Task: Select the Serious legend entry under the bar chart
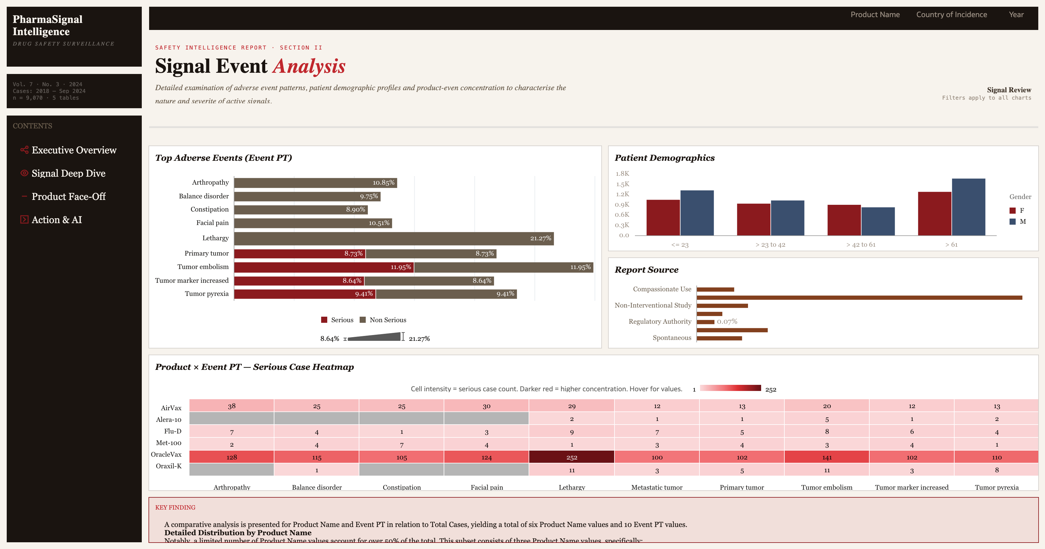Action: (337, 320)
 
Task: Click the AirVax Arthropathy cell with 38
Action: (232, 406)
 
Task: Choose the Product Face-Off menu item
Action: (68, 196)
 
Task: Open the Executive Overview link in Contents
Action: (74, 150)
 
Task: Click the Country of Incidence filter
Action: (951, 15)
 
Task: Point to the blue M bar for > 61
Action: (968, 207)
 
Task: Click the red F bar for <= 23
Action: (663, 217)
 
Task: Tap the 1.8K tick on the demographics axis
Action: (622, 174)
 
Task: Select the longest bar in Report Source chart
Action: (859, 298)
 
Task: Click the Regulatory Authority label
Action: (660, 321)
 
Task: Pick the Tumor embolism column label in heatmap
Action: (826, 487)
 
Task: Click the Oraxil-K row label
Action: (168, 466)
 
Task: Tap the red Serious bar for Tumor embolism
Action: (323, 267)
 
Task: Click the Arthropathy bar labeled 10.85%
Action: (315, 182)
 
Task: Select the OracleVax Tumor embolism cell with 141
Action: (826, 457)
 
